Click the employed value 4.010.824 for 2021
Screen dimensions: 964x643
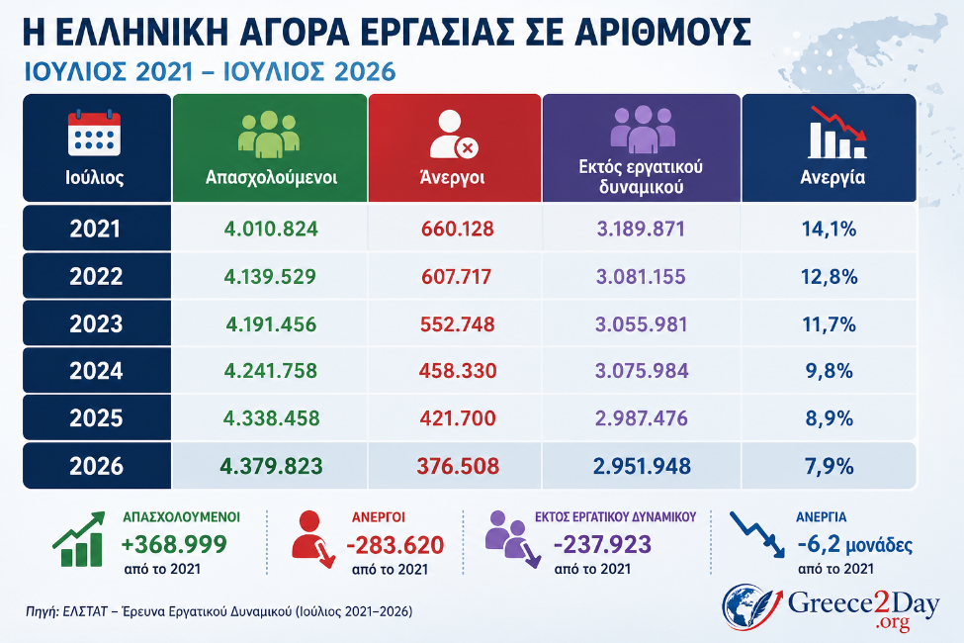click(271, 229)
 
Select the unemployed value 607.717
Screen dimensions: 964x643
click(456, 276)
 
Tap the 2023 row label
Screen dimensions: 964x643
click(96, 323)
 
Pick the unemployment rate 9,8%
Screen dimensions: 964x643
click(829, 371)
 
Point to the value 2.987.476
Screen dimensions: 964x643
click(642, 418)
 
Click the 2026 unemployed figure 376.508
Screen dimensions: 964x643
click(458, 466)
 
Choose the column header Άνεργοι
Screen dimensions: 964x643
click(452, 177)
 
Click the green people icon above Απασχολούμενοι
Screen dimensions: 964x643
click(269, 135)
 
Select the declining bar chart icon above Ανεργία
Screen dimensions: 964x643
click(837, 132)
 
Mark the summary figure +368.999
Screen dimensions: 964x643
click(174, 544)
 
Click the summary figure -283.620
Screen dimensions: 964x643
click(394, 544)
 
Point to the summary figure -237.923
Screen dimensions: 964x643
click(602, 544)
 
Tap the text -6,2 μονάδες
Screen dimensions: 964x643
click(854, 544)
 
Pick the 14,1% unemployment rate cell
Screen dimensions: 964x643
click(829, 229)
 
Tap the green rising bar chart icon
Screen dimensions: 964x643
click(78, 539)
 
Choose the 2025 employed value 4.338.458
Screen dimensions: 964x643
click(271, 418)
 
